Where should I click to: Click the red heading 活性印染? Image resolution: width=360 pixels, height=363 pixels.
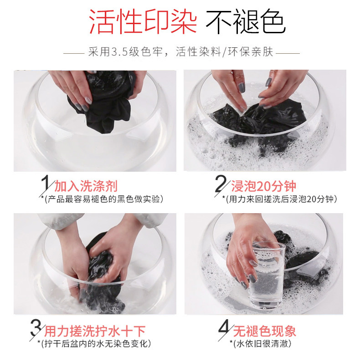pos(143,21)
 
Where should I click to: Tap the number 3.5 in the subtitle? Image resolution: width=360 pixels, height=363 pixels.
pos(119,51)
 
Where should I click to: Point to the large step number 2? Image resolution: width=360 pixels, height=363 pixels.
pos(220,184)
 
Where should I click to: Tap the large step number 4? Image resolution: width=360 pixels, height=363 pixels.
pos(224,329)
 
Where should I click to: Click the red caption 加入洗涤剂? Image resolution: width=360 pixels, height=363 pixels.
pos(86,186)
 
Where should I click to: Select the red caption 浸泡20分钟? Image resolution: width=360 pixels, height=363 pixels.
pos(264,186)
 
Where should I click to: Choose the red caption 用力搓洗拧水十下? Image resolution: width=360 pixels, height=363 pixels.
pos(95,331)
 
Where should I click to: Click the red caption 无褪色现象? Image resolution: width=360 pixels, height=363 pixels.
pos(265,331)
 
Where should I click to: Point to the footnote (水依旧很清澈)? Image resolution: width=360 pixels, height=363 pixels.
pos(262,343)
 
